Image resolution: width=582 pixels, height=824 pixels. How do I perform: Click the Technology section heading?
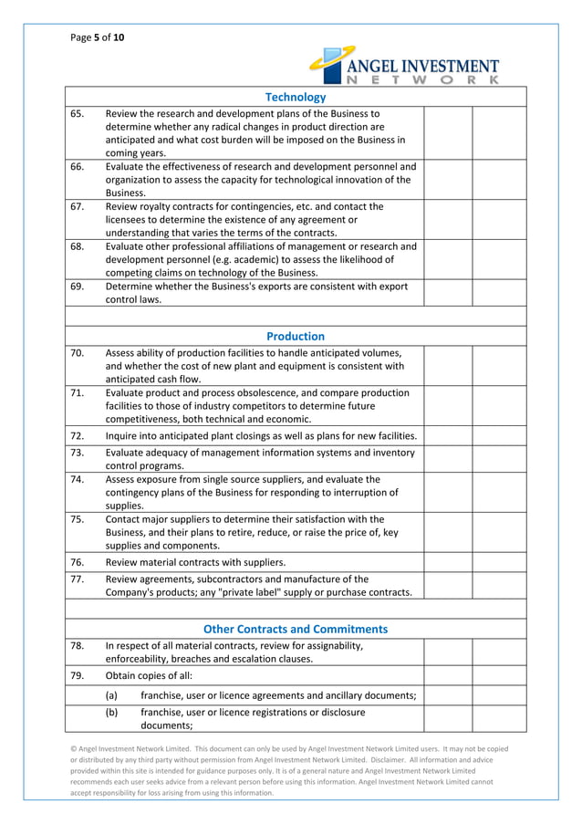[295, 97]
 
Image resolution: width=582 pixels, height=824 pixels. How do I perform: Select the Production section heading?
[295, 336]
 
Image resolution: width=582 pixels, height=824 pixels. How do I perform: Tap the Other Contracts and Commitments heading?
[295, 629]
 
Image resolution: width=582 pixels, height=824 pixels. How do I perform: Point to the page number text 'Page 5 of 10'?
[98, 37]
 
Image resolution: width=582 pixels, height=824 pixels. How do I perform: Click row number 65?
[78, 114]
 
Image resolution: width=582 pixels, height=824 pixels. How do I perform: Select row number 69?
[78, 287]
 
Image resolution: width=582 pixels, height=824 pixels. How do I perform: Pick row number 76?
[78, 561]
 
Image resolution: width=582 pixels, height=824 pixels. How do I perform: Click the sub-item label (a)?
[111, 696]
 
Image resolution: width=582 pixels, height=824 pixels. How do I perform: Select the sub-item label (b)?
[111, 712]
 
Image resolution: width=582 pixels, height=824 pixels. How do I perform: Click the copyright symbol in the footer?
[74, 749]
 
